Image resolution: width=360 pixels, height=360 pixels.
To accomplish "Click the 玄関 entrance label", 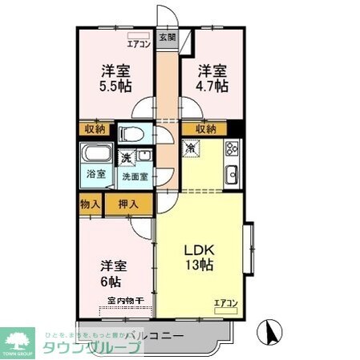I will tap(166, 37).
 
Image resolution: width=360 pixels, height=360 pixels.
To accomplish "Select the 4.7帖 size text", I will tap(212, 84).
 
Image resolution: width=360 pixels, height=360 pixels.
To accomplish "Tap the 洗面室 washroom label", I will tap(134, 177).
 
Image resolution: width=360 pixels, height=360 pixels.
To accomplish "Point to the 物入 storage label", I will tap(90, 204).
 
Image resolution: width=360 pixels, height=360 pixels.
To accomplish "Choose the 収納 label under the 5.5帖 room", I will tap(95, 129).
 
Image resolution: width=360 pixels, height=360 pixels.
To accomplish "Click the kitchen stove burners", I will tap(232, 148).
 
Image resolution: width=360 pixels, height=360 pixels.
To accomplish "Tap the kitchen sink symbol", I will tap(233, 172).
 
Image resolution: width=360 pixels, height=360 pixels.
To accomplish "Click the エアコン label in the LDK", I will tap(226, 303).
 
